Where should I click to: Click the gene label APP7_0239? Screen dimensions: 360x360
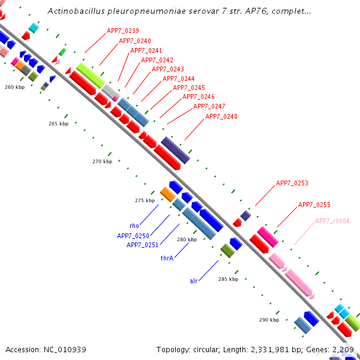pos(123,31)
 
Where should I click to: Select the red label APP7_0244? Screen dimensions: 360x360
pos(178,79)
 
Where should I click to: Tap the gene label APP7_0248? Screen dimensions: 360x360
pos(221,116)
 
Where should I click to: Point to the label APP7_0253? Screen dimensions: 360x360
pos(292,183)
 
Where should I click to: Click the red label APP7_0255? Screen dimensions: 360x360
pos(314,205)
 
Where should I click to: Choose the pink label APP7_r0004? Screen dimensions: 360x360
pos(332,221)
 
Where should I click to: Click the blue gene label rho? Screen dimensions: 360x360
pos(134,226)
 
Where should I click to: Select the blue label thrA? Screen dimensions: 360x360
pos(167,258)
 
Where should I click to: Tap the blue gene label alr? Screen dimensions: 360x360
pos(194,280)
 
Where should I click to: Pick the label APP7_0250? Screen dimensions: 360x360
pos(133,236)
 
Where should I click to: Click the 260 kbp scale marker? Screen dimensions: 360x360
pos(15,88)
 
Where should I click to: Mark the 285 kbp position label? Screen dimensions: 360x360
pos(228,279)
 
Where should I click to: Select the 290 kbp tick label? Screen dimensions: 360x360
pos(269,320)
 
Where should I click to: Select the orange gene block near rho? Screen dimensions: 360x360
pos(168,194)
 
